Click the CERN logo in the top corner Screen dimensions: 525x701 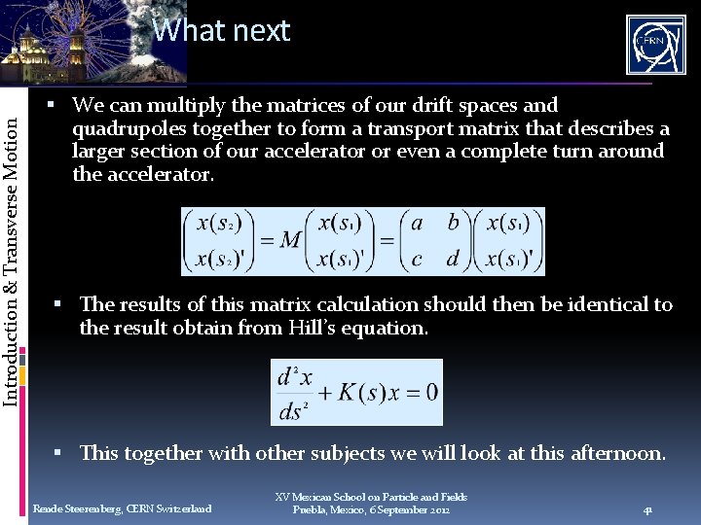[x=655, y=46]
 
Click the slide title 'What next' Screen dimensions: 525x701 [x=221, y=31]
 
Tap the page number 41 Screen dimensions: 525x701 [x=647, y=509]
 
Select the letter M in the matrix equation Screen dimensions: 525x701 [x=290, y=240]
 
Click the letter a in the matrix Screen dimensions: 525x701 [x=417, y=224]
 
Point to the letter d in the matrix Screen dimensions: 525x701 [x=453, y=260]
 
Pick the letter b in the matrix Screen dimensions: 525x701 [x=453, y=223]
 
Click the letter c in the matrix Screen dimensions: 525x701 [x=417, y=260]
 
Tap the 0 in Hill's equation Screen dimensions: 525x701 [x=430, y=392]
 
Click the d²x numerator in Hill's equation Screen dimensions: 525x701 [x=292, y=374]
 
